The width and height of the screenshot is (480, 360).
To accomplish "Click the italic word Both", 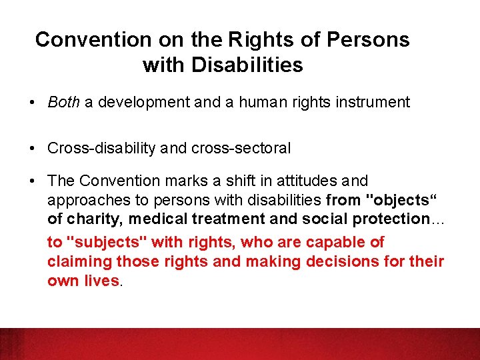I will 63,102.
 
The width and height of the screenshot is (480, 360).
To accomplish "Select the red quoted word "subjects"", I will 96,243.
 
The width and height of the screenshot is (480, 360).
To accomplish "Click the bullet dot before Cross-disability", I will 32,149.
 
